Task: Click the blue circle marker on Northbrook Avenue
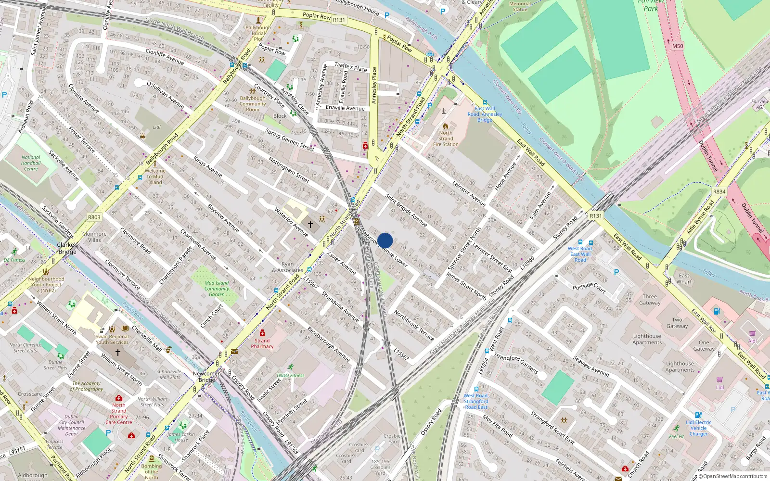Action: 385,240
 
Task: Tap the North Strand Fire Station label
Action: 446,139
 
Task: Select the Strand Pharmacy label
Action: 262,343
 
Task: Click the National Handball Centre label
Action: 31,163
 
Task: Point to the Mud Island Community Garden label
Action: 217,289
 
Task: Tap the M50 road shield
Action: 677,46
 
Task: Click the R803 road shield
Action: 94,217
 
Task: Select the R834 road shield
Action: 719,192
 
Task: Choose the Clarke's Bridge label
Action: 67,248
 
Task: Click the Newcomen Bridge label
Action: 207,377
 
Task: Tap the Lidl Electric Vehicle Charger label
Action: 698,428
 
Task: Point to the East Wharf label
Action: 684,278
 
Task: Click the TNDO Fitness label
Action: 290,375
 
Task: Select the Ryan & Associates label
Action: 287,267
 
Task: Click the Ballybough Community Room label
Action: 253,104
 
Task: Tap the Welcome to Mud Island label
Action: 155,177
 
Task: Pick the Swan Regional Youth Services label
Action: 112,340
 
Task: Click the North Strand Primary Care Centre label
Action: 118,414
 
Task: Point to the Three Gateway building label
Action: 650,300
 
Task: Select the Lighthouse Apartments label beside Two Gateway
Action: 647,339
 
